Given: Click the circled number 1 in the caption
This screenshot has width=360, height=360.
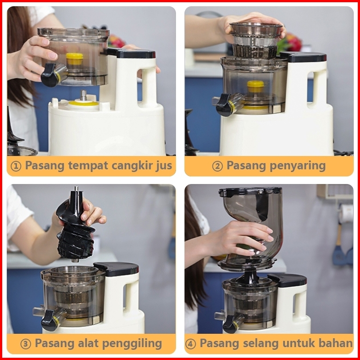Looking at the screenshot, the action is click(16, 166).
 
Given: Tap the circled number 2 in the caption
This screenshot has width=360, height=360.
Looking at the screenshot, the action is click(217, 166).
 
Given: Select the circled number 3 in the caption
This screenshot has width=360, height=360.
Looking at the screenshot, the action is click(25, 344).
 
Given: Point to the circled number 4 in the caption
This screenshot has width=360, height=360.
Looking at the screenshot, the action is click(191, 344).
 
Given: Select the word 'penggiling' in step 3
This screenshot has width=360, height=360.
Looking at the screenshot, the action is click(132, 344).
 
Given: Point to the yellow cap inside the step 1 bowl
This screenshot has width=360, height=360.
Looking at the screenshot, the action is click(74, 59).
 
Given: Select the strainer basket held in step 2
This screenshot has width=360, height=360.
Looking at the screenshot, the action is click(256, 40).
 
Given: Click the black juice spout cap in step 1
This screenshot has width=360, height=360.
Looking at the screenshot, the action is click(49, 75).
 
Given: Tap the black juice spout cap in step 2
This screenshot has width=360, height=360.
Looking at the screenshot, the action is click(224, 105).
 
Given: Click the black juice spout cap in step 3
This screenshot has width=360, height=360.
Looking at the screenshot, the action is click(49, 320).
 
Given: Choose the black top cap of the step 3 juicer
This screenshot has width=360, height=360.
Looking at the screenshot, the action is click(116, 268).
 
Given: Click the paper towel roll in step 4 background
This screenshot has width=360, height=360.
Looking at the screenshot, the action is click(346, 213).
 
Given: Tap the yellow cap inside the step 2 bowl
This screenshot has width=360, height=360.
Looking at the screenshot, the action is click(255, 86).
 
